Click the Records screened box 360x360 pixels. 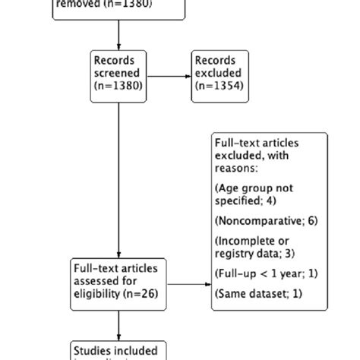click(x=119, y=73)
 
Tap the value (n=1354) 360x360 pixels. click(x=219, y=86)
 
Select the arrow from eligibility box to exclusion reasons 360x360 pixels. click(x=189, y=286)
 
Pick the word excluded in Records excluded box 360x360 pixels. click(x=218, y=74)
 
